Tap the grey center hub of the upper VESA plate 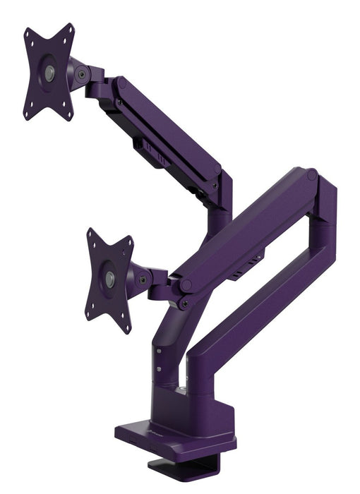(49, 72)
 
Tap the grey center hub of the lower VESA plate (110, 279)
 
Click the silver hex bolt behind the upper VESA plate (84, 73)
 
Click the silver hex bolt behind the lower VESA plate (144, 279)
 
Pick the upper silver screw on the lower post (160, 350)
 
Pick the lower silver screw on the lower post (160, 366)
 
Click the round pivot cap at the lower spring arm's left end (187, 284)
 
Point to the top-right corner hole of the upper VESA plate (71, 29)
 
